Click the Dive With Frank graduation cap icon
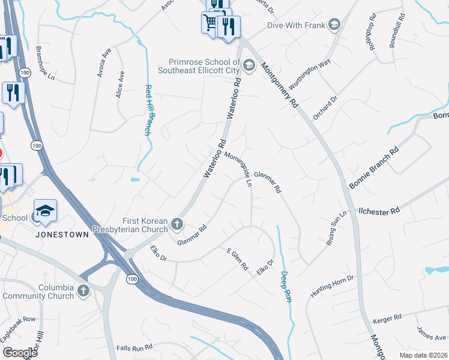[334, 25]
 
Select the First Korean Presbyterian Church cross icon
[176, 224]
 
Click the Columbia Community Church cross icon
[83, 291]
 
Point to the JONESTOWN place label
[62, 234]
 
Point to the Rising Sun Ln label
[337, 229]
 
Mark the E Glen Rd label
[237, 259]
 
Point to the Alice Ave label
[121, 84]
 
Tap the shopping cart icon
[209, 23]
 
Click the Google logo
[20, 353]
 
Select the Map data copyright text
[422, 355]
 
